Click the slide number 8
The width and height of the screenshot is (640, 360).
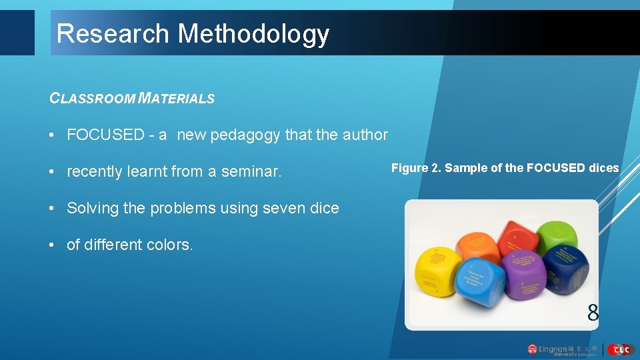click(593, 312)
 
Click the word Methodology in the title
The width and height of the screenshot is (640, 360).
click(253, 33)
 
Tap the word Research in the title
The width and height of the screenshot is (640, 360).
click(113, 33)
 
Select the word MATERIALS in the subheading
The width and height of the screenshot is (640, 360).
click(177, 99)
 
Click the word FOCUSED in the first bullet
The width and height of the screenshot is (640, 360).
click(105, 135)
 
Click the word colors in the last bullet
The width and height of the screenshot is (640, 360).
click(171, 245)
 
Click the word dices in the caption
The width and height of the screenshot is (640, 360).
click(604, 168)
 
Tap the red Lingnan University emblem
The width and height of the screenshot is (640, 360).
click(532, 349)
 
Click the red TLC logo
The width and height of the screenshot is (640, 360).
click(621, 349)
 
